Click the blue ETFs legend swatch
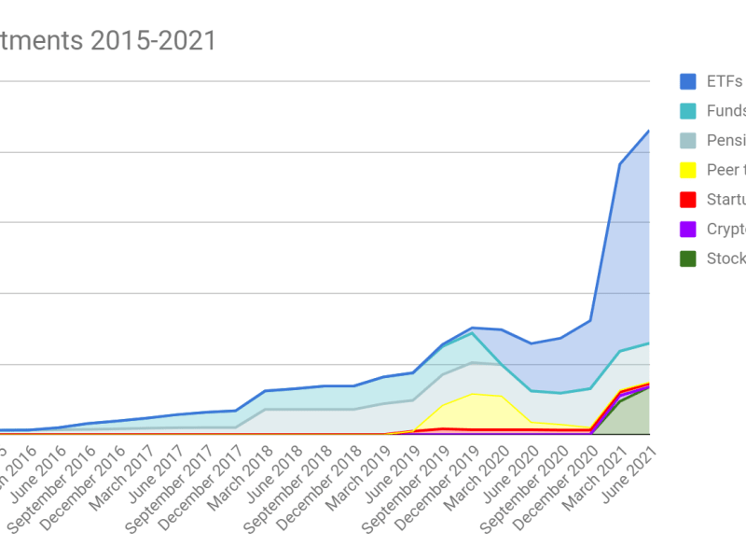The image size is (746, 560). (688, 81)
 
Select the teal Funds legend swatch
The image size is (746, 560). (688, 111)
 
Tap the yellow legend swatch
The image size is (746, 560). (688, 170)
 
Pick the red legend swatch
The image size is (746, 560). (688, 200)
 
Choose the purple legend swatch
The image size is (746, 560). (688, 230)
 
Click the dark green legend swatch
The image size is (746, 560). (688, 259)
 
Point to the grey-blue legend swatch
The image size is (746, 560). (688, 140)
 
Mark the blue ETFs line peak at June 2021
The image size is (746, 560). (649, 131)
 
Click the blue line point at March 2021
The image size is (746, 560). (620, 164)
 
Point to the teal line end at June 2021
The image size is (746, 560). (649, 343)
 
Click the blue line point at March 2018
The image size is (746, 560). (265, 391)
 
